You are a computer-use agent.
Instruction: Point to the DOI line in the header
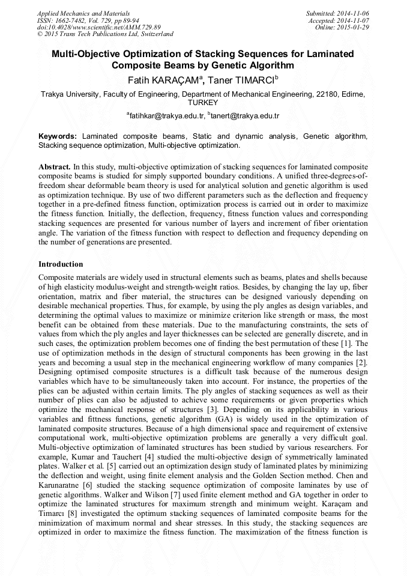click(98, 27)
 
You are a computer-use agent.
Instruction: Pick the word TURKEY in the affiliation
click(203, 103)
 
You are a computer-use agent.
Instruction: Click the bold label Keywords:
click(58, 137)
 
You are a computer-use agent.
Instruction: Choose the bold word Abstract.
click(54, 166)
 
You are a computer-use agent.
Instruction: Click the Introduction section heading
click(61, 264)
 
